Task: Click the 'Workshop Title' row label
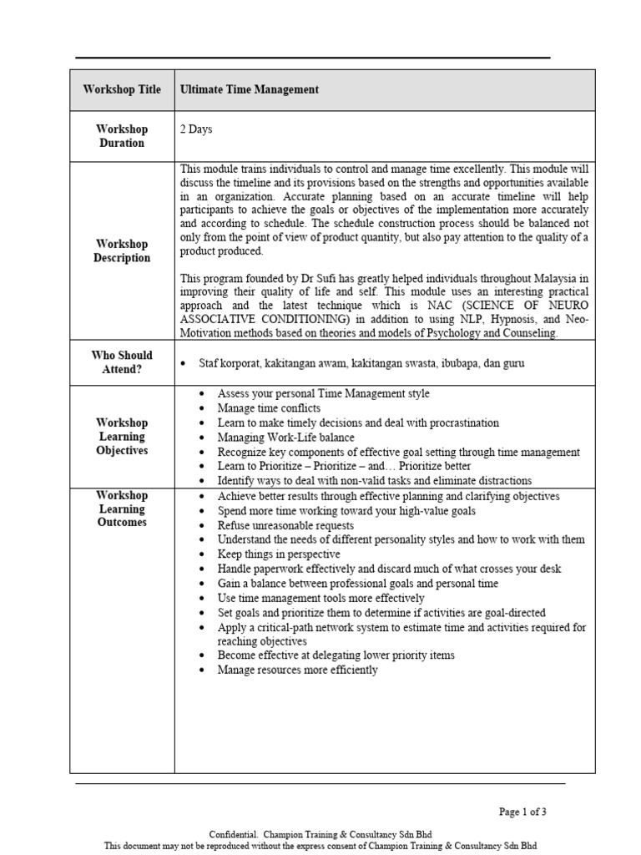[122, 90]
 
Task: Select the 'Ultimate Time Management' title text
[249, 90]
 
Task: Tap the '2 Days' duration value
[196, 129]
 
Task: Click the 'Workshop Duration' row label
[122, 136]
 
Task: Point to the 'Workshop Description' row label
[122, 251]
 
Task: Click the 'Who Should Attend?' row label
[122, 362]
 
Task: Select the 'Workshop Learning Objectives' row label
[122, 437]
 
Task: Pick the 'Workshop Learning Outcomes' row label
[122, 508]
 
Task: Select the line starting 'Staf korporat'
[361, 363]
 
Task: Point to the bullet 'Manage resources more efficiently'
[297, 670]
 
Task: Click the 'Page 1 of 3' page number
[522, 812]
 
